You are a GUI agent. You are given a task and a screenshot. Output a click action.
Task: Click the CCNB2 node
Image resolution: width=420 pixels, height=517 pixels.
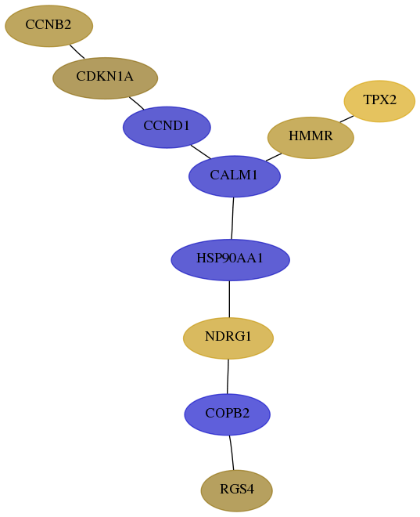click(x=48, y=26)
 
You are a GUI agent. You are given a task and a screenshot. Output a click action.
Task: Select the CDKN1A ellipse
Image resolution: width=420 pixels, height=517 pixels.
click(x=106, y=78)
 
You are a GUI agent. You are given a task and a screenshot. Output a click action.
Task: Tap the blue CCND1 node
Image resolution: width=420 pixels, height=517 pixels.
click(x=167, y=127)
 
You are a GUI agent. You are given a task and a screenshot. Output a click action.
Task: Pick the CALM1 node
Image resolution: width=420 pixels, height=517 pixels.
click(x=235, y=176)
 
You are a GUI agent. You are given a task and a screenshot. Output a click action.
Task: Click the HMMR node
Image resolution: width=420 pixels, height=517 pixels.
click(x=311, y=138)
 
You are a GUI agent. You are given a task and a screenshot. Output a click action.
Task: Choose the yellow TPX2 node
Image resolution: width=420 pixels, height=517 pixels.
click(x=379, y=101)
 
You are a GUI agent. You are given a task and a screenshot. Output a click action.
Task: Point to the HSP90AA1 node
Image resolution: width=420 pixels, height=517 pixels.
click(x=231, y=260)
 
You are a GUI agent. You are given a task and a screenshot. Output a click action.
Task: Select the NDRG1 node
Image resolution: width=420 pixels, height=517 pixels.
click(x=228, y=338)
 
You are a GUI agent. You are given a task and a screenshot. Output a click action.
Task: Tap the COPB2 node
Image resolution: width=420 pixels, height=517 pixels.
click(x=228, y=414)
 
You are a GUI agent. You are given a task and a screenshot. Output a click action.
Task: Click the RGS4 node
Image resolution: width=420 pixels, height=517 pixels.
click(x=237, y=490)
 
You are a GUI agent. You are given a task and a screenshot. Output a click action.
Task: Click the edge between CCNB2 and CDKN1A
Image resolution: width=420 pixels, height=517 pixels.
click(x=77, y=52)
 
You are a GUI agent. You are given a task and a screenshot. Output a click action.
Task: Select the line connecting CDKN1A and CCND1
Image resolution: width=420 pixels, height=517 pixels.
click(x=137, y=103)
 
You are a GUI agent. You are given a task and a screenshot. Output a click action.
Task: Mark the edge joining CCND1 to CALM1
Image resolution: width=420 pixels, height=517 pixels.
click(x=200, y=152)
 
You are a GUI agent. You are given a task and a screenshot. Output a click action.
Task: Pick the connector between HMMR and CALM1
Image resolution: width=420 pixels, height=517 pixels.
click(x=274, y=157)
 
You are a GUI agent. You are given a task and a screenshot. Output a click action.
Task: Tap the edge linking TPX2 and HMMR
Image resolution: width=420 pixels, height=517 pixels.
click(x=346, y=119)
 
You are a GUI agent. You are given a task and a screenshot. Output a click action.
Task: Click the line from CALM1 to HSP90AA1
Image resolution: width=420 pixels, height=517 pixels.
click(x=232, y=219)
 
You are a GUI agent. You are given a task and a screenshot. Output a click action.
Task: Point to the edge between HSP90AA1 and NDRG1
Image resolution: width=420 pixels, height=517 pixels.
click(x=229, y=299)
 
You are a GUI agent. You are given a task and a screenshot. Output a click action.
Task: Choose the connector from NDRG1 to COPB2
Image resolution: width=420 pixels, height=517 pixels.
click(x=228, y=377)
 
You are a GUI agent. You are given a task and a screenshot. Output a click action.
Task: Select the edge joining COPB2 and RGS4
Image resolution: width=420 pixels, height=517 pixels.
click(x=232, y=453)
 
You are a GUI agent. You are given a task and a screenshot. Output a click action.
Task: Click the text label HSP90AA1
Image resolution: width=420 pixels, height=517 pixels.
click(x=230, y=258)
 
